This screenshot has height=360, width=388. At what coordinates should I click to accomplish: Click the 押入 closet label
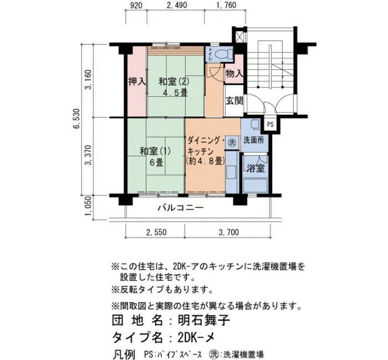(137, 81)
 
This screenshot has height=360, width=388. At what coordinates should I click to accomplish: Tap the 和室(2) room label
(173, 81)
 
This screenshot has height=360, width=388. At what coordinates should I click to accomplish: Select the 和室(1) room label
(155, 151)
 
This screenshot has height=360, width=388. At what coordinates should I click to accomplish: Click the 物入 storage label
(234, 74)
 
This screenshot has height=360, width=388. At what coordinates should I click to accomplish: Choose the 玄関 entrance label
(234, 101)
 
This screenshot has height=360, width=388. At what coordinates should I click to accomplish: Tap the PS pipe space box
(270, 125)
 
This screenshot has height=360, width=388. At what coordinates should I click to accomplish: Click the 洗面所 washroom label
(254, 140)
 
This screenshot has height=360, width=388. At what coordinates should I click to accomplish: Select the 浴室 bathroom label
(256, 168)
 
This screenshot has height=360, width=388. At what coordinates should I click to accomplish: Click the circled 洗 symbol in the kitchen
(232, 142)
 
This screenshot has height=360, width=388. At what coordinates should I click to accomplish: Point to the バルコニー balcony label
(181, 208)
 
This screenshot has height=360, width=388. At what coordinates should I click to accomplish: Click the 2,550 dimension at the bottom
(156, 233)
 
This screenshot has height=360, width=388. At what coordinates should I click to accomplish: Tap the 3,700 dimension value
(228, 233)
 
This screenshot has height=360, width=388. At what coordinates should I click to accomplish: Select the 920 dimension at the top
(136, 6)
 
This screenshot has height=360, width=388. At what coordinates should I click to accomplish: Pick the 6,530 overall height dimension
(77, 119)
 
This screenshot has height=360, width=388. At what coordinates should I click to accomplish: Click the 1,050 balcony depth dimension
(88, 206)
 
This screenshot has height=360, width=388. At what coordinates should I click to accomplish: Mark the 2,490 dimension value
(177, 5)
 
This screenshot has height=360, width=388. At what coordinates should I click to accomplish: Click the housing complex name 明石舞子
(204, 321)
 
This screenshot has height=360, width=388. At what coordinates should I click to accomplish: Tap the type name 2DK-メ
(196, 337)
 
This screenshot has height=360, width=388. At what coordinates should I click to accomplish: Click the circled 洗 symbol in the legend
(212, 354)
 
